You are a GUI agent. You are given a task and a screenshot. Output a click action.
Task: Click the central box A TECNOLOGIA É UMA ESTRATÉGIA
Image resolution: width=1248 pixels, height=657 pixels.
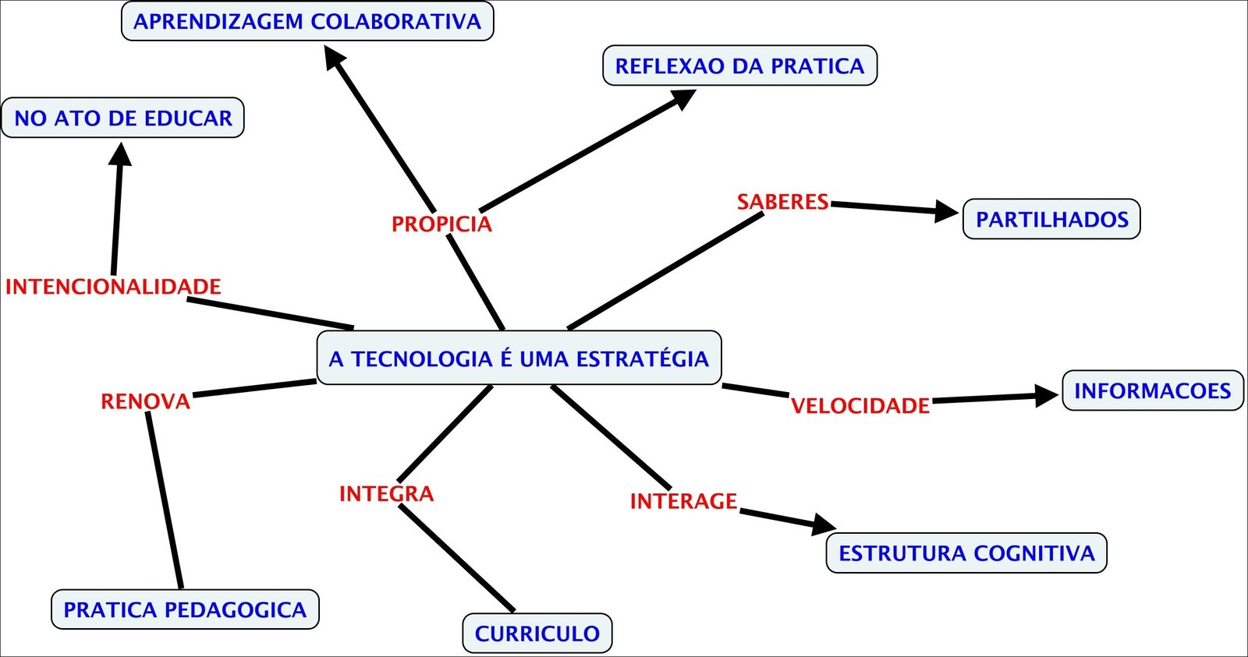click(519, 359)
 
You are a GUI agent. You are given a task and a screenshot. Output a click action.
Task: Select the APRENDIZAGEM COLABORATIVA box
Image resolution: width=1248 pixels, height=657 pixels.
click(307, 21)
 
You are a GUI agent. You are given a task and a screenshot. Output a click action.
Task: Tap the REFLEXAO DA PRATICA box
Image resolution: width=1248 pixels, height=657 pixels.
click(739, 65)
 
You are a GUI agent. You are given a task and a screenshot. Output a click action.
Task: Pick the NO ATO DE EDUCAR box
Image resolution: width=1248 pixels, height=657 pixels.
click(123, 118)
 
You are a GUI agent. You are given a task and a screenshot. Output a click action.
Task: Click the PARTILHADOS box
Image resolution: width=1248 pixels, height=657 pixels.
click(1051, 219)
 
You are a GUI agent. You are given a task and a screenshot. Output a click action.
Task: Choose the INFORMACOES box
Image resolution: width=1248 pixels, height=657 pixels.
click(1152, 390)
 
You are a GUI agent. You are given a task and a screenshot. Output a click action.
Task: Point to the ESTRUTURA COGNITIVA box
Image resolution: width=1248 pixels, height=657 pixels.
click(966, 553)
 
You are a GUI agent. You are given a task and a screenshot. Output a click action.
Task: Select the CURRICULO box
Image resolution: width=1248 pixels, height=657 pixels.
click(537, 634)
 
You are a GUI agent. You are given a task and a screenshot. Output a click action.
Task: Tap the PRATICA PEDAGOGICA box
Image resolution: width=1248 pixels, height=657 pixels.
click(185, 609)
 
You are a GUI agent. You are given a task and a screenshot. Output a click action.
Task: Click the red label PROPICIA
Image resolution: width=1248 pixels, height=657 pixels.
click(441, 224)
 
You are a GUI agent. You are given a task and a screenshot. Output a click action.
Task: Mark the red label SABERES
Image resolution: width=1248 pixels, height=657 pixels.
click(782, 202)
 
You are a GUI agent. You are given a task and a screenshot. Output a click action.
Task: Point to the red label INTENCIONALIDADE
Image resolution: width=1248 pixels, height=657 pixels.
click(113, 287)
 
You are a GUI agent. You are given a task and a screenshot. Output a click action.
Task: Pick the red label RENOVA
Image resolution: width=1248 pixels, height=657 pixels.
click(146, 401)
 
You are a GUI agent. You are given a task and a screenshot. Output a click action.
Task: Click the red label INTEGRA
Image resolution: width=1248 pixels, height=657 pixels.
click(386, 494)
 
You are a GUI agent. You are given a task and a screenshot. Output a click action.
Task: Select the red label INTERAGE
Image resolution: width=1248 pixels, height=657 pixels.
click(683, 501)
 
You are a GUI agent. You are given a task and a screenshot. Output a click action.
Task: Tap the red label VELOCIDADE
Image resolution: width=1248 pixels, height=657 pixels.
click(860, 406)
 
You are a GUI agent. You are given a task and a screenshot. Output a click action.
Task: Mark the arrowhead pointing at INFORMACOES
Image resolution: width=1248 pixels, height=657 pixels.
click(1047, 395)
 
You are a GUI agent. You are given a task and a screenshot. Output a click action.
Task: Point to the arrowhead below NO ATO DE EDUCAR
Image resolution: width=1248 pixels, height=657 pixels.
click(120, 154)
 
